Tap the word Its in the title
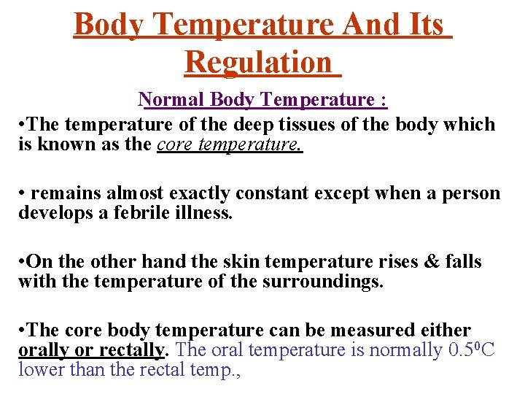[x=421, y=24]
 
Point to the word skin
[x=227, y=262]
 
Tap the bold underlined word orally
[x=43, y=350]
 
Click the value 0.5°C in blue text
[x=471, y=350]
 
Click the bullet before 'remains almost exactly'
[x=23, y=194]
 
